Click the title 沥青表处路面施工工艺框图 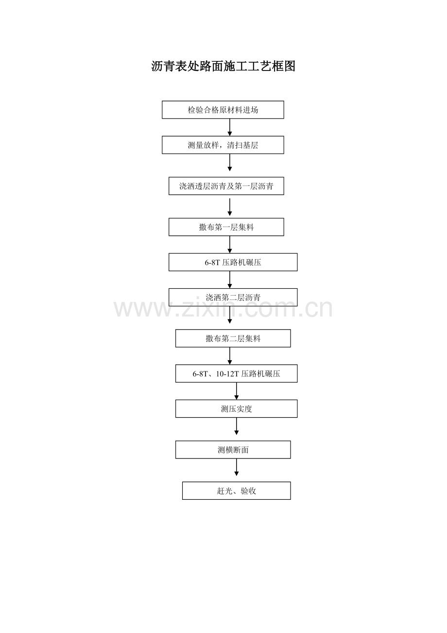pos(223,66)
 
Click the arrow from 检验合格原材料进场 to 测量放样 pos(229,127)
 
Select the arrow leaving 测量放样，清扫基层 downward pos(229,162)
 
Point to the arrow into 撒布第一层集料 pos(229,207)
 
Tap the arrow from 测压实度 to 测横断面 pos(236,426)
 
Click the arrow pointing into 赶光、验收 pos(236,467)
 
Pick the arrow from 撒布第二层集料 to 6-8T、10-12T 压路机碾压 pos(229,356)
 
